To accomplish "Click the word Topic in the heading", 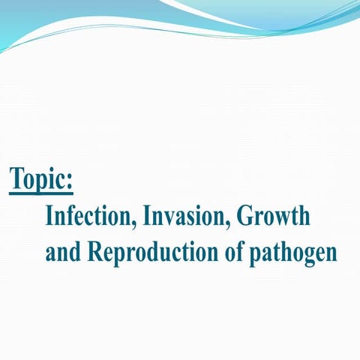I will tap(38, 178).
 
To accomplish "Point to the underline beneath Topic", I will tap(41, 193).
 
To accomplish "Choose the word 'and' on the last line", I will tap(62, 251).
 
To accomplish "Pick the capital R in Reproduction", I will tap(94, 251).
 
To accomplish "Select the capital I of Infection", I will tap(49, 217).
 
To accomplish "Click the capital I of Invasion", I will tap(147, 217).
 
